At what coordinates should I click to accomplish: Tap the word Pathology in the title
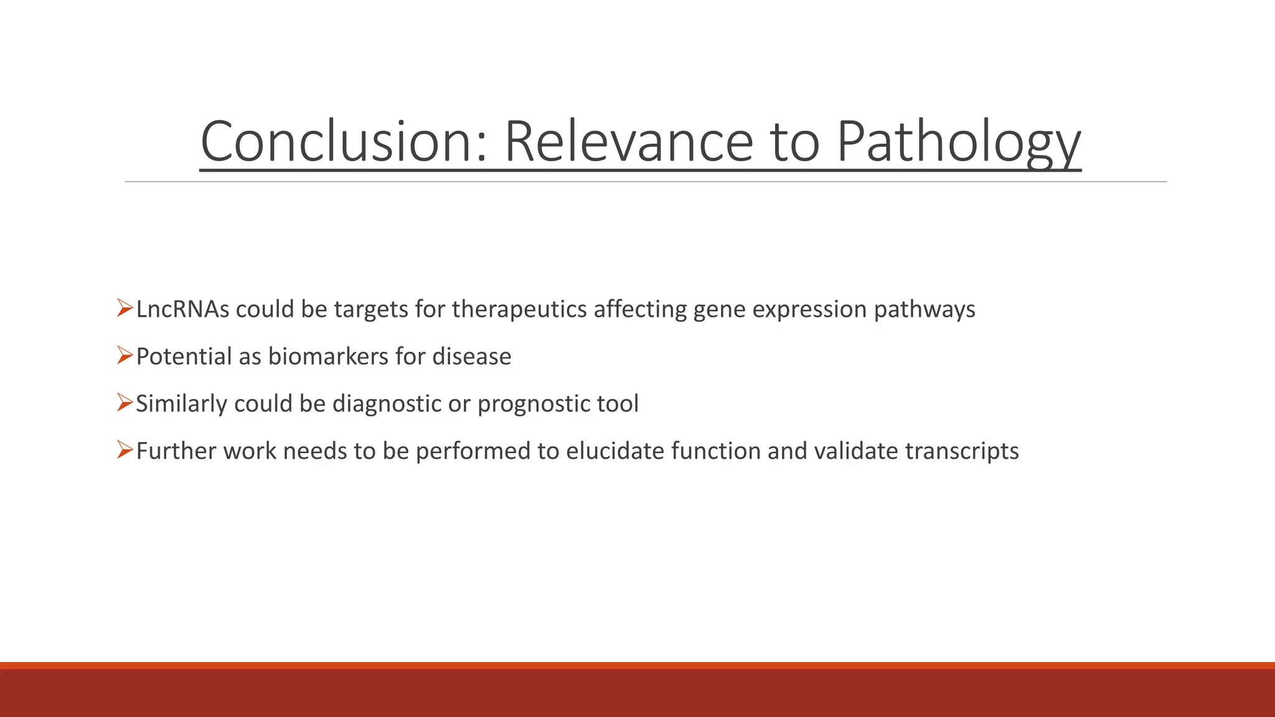coord(958,143)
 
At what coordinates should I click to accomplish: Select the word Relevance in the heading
coord(629,141)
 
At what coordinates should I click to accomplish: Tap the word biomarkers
coord(328,357)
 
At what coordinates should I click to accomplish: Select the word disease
coord(471,357)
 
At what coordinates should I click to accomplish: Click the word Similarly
coord(181,404)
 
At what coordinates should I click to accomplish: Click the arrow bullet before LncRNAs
coord(125,308)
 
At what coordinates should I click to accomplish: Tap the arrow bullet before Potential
coord(125,355)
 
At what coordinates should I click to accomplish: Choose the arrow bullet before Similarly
coord(125,403)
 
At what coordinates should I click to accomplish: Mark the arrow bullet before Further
coord(125,450)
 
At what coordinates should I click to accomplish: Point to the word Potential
coord(184,357)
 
